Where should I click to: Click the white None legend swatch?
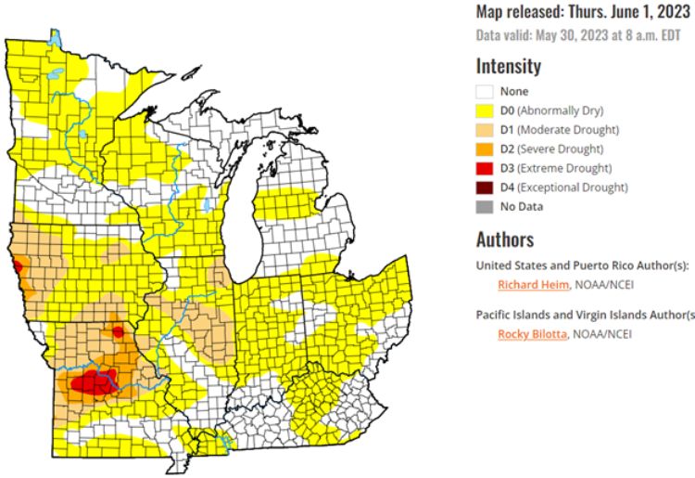pyautogui.click(x=484, y=91)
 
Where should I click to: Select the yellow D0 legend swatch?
pyautogui.click(x=484, y=110)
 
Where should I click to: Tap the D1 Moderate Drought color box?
pyautogui.click(x=484, y=130)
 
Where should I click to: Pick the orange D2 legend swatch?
pyautogui.click(x=484, y=149)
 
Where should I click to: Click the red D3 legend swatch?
pyautogui.click(x=484, y=168)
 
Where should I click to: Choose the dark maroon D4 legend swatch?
pyautogui.click(x=484, y=187)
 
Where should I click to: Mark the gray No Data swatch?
pyautogui.click(x=484, y=206)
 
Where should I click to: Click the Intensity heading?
pyautogui.click(x=509, y=67)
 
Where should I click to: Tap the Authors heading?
pyautogui.click(x=505, y=239)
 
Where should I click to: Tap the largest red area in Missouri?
pyautogui.click(x=93, y=381)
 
